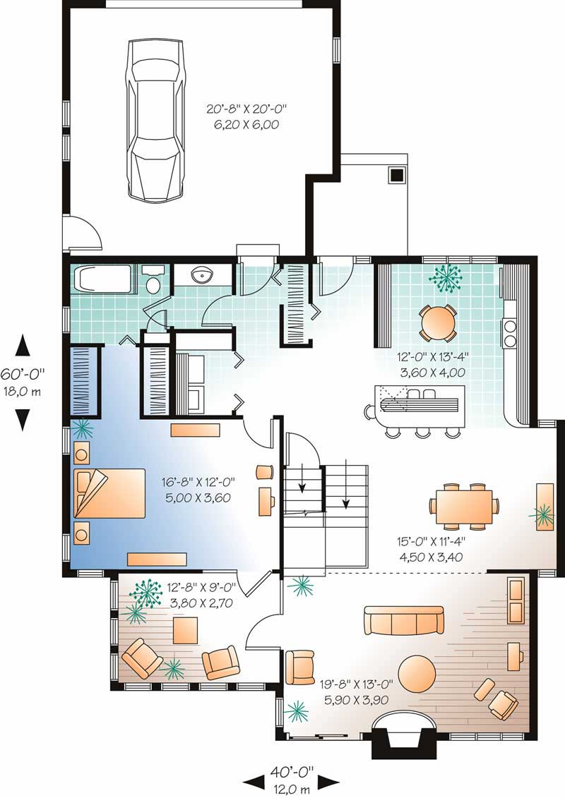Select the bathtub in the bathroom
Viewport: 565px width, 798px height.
point(104,279)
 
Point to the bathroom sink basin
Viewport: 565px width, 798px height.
point(202,274)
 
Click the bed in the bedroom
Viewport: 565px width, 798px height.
point(109,494)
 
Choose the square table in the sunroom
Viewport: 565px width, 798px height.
point(187,630)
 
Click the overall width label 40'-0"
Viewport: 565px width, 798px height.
point(290,773)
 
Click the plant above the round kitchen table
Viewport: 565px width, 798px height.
point(445,279)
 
